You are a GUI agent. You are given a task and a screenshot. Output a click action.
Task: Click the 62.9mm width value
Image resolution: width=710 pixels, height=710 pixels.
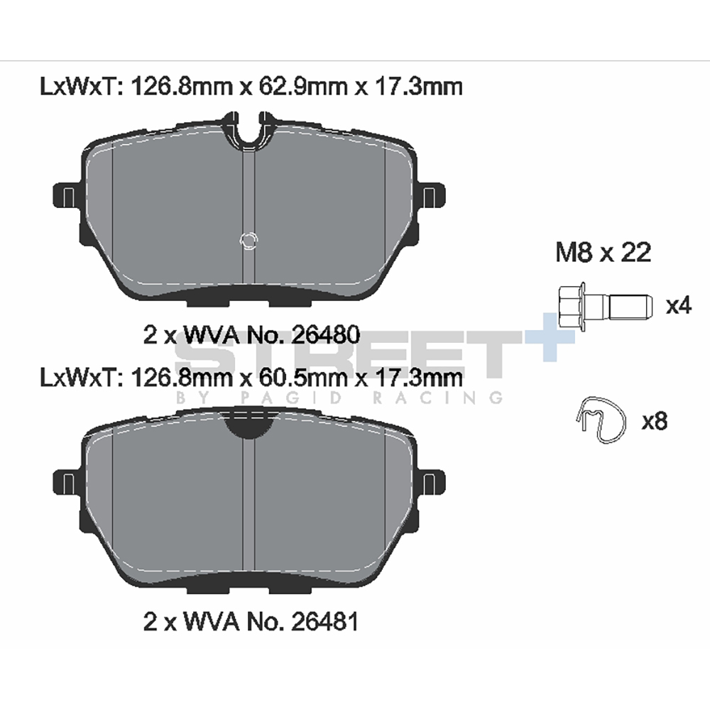click(302, 87)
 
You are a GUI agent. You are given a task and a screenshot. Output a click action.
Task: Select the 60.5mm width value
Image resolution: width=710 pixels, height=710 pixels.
click(302, 377)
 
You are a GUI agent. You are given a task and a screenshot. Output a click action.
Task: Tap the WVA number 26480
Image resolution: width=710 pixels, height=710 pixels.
click(326, 335)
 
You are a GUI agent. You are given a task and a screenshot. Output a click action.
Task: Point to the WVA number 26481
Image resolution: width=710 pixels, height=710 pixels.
click(325, 622)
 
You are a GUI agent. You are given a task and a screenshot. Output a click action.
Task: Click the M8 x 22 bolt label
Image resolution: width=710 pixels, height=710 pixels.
click(603, 252)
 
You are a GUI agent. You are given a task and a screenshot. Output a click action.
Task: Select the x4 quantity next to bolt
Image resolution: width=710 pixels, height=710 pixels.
click(678, 305)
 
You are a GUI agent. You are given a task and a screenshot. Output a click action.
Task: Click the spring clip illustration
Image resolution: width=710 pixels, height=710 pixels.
click(602, 420)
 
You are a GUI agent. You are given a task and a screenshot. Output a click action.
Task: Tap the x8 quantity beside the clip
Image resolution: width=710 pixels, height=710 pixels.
click(655, 422)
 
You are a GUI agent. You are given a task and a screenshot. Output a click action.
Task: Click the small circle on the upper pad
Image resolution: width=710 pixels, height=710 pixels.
click(248, 241)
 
